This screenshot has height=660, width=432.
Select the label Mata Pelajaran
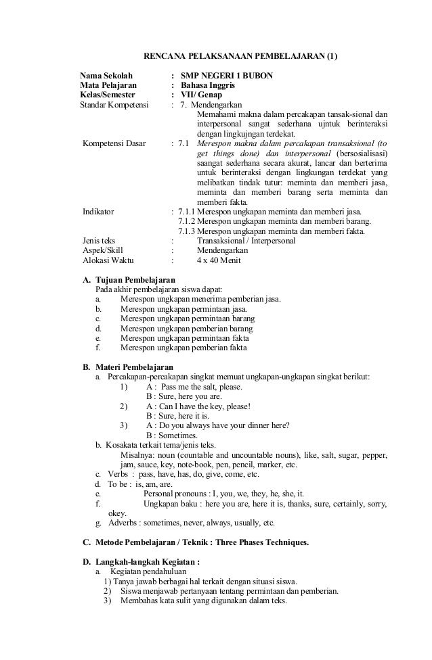click(x=108, y=86)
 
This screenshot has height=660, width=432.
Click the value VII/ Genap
click(x=202, y=95)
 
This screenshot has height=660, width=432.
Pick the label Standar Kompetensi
click(x=114, y=105)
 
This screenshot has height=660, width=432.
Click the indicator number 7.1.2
click(x=186, y=221)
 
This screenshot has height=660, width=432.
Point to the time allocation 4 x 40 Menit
click(x=218, y=260)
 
